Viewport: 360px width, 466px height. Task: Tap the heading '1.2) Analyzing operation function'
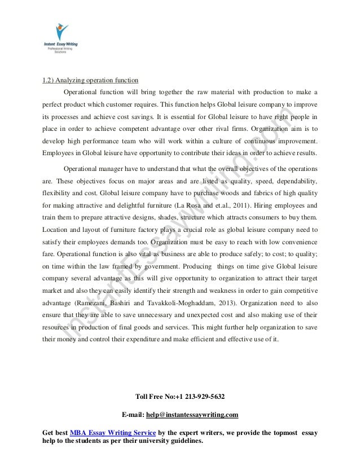pyautogui.click(x=90, y=78)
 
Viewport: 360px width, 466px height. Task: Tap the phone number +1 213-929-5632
pyautogui.click(x=201, y=395)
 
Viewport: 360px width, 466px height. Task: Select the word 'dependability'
pyautogui.click(x=295, y=181)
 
